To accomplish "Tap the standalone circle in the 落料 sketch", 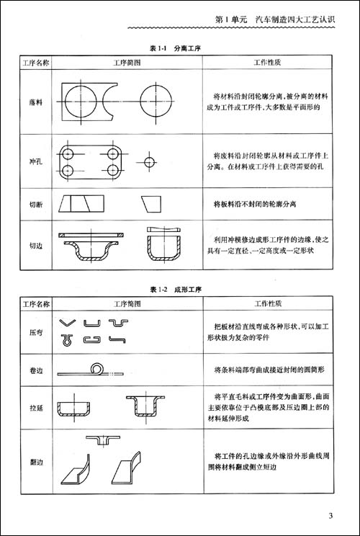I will tap(158, 94).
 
